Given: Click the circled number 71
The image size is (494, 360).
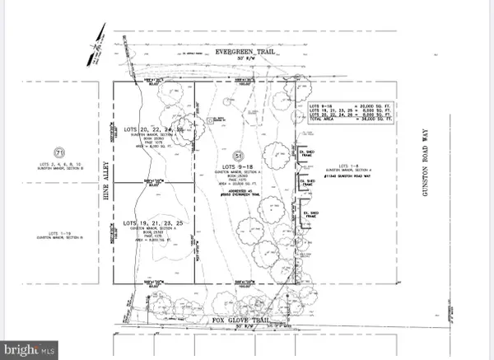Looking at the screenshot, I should pos(58,153).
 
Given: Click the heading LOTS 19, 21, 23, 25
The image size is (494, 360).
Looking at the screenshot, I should pos(152,222).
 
